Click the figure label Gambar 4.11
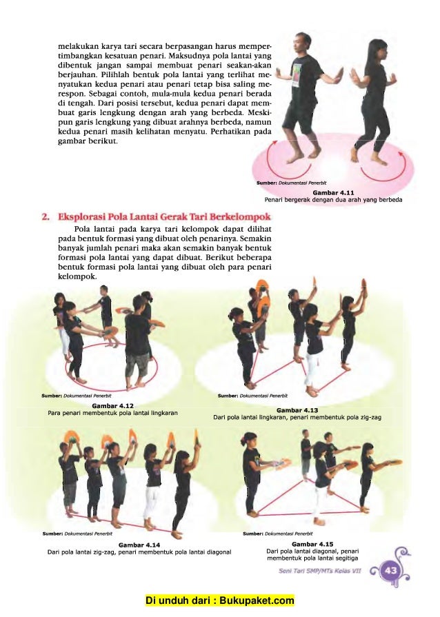click(x=333, y=192)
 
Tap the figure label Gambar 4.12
click(x=112, y=405)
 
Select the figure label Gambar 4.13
click(x=297, y=410)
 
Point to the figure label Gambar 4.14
click(x=139, y=545)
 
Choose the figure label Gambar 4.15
click(x=312, y=544)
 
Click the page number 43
click(x=391, y=570)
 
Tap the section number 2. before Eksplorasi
click(x=46, y=217)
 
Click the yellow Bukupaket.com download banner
click(x=219, y=600)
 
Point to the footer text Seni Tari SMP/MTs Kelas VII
click(x=319, y=571)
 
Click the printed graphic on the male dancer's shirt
click(x=297, y=74)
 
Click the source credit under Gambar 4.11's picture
click(x=291, y=183)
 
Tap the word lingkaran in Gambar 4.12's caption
click(x=163, y=413)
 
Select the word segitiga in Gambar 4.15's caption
click(x=346, y=558)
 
